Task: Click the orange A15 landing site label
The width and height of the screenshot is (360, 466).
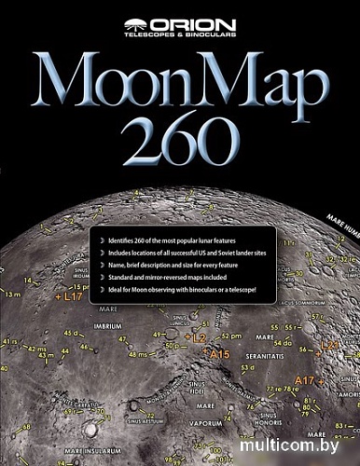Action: [220, 354]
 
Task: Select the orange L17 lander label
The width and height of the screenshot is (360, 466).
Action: [69, 295]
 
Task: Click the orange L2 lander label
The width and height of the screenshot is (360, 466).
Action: [198, 335]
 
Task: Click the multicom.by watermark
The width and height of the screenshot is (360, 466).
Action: [296, 446]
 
